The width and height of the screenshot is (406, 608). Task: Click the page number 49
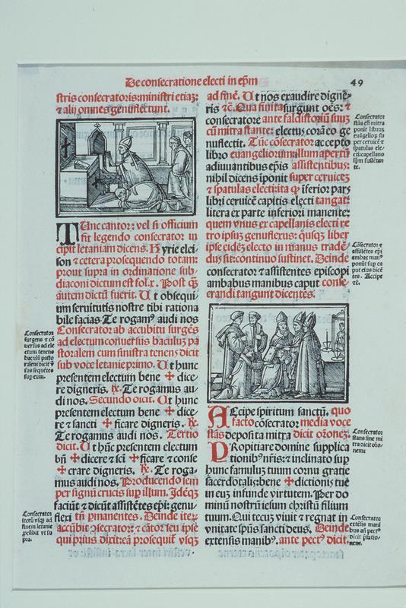[x=359, y=81]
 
